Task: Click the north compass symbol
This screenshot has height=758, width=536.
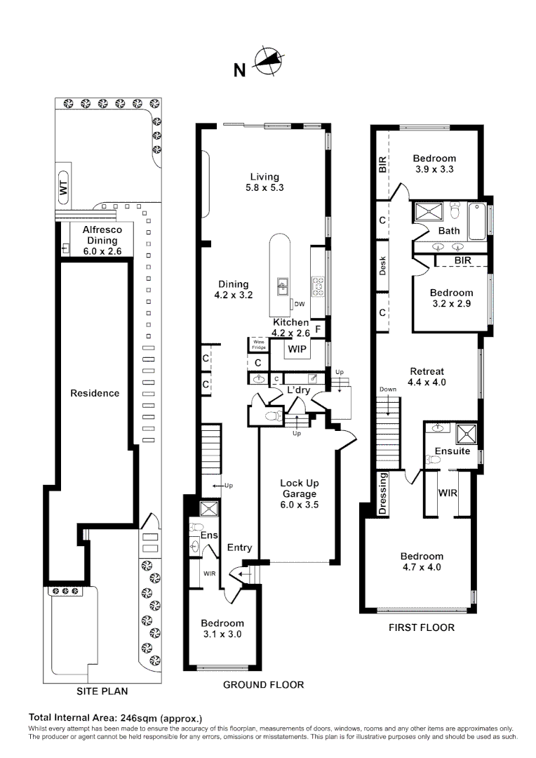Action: point(268,61)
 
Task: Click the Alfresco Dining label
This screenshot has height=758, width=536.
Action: point(102,240)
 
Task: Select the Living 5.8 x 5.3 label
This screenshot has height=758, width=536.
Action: point(264,182)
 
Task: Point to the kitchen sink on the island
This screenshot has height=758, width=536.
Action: point(283,286)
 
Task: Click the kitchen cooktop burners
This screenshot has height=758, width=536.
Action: point(318,286)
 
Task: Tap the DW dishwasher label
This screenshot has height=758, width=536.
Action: point(299,304)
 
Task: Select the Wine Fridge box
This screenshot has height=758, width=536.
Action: point(259,345)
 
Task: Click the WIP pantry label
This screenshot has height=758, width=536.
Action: point(297,349)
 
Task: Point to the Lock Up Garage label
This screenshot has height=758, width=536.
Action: point(299,493)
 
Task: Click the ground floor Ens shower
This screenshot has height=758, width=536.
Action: point(209,509)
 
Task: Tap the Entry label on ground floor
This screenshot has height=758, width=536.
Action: point(240,547)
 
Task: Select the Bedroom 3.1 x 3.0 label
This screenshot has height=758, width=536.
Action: point(222,628)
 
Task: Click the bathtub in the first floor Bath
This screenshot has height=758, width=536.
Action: point(477,222)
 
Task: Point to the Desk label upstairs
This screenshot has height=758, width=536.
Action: point(383,266)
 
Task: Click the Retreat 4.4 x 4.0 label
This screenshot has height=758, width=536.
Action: point(427,377)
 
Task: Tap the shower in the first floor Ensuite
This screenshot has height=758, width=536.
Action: point(466,433)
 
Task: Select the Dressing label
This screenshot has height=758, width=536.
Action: point(383,493)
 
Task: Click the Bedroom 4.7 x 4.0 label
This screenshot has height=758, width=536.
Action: point(422,561)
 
